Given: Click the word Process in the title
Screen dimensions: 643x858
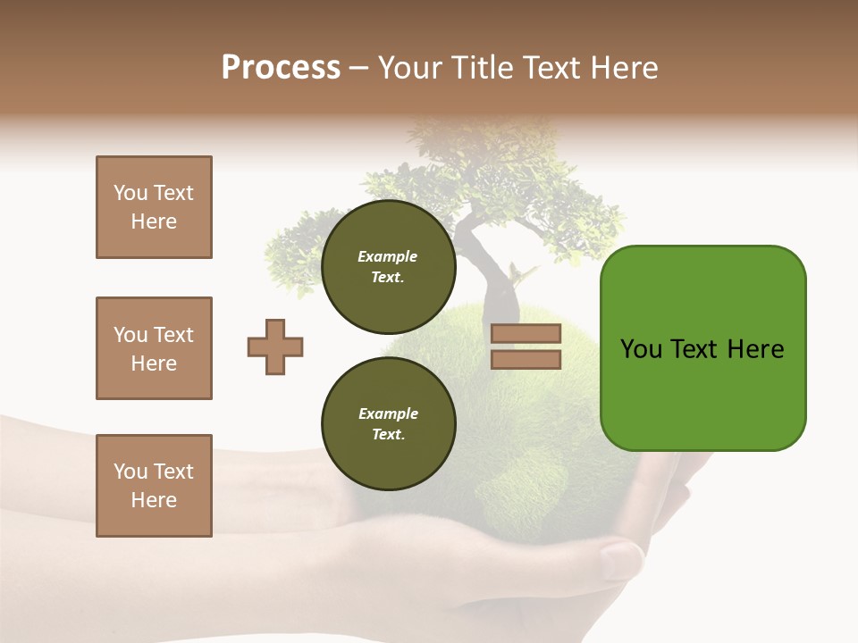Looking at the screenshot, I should pos(281,68).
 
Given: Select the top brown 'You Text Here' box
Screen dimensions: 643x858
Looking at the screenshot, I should pos(154,207).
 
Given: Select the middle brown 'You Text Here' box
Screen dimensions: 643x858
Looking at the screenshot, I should pos(154,348).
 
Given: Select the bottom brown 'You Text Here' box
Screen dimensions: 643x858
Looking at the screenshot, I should pos(154,486).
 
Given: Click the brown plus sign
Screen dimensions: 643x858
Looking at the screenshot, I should pos(275,347).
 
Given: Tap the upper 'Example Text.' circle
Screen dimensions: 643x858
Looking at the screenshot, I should pos(388,267).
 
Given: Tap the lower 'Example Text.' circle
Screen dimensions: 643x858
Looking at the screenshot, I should pos(388,424).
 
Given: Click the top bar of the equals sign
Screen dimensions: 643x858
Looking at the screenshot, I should pos(526,334).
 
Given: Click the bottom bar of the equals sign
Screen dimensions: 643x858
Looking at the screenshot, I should pos(526,359).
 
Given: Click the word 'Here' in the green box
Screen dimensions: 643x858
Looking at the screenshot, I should pos(755,349).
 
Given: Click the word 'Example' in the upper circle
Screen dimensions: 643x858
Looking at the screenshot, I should pos(387,257).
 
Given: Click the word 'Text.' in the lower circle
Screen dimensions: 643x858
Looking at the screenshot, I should pos(388,435).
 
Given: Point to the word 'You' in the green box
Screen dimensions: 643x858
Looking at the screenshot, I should pos(641,349).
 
